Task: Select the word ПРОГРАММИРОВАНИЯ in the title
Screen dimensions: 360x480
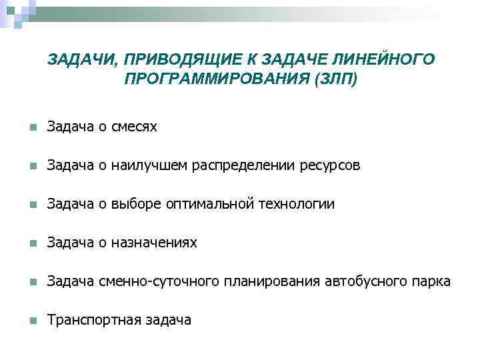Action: tap(215, 79)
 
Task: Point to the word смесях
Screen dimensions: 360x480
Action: tap(135, 126)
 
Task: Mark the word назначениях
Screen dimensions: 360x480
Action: tap(154, 243)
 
